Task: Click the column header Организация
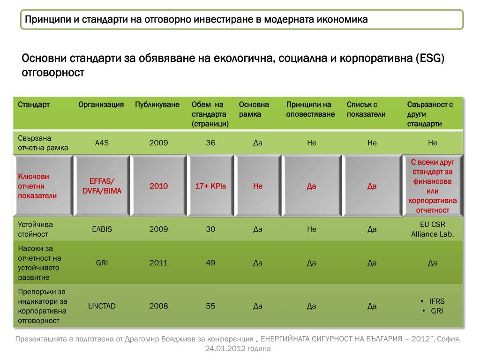pyautogui.click(x=101, y=105)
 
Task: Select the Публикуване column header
pyautogui.click(x=157, y=105)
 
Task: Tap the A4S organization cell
pyautogui.click(x=102, y=143)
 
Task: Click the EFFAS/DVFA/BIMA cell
pyautogui.click(x=102, y=186)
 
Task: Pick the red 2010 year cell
pyautogui.click(x=158, y=186)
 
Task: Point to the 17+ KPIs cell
pyautogui.click(x=210, y=186)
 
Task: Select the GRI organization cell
pyautogui.click(x=102, y=263)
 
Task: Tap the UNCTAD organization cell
pyautogui.click(x=102, y=306)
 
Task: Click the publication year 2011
pyautogui.click(x=158, y=263)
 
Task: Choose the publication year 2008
pyautogui.click(x=158, y=306)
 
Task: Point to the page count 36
pyautogui.click(x=210, y=143)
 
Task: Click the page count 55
pyautogui.click(x=210, y=306)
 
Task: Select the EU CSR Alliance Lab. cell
pyautogui.click(x=432, y=229)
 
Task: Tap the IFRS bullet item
pyautogui.click(x=436, y=301)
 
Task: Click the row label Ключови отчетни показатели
pyautogui.click(x=37, y=186)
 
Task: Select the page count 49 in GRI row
pyautogui.click(x=210, y=263)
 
